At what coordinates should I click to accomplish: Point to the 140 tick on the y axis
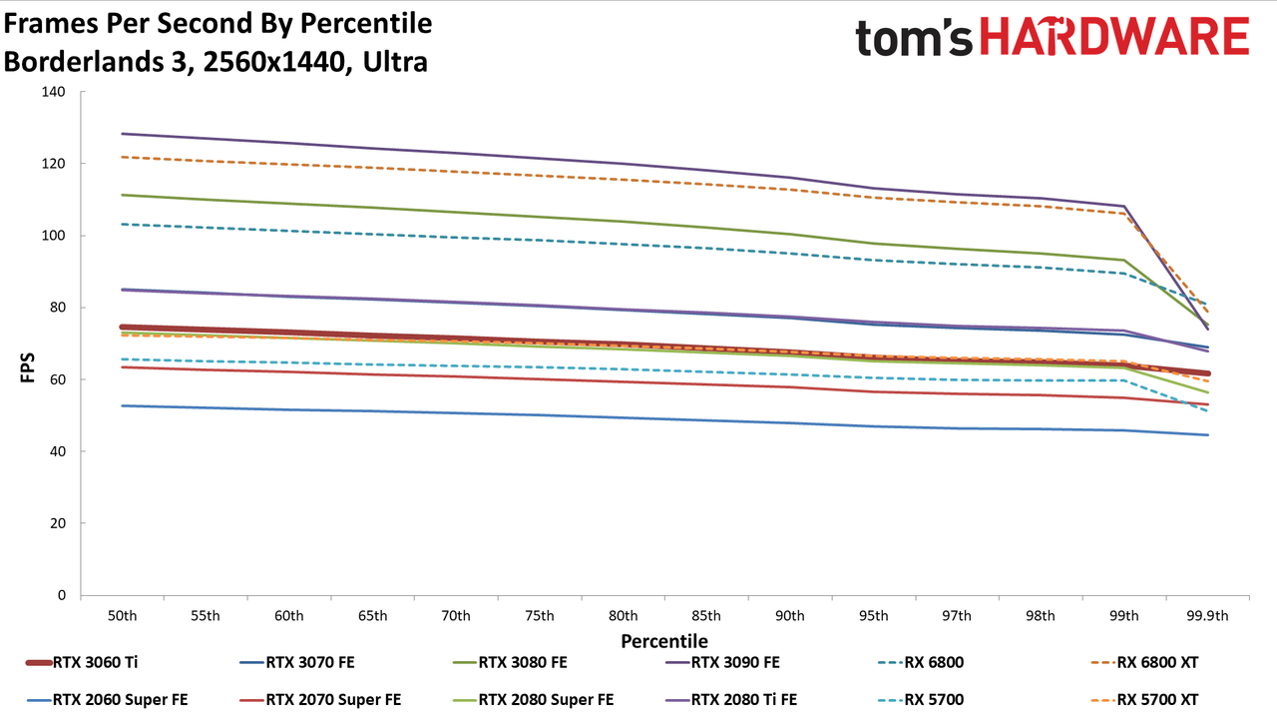click(54, 92)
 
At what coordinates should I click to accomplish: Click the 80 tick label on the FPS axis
click(58, 307)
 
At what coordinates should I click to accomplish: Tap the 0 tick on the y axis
click(62, 595)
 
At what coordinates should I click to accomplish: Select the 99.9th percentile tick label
click(1207, 616)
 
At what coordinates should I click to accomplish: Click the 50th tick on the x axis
click(122, 616)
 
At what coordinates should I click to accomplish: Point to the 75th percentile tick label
click(540, 616)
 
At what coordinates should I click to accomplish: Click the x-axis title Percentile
click(664, 641)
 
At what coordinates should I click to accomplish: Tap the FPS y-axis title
click(27, 367)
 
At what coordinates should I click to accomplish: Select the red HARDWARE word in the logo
click(1114, 37)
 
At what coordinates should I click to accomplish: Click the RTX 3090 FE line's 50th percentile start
click(122, 134)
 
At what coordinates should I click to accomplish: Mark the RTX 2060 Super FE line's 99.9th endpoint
click(1207, 434)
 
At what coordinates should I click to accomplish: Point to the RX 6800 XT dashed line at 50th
click(122, 157)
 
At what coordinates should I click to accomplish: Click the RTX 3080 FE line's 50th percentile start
click(122, 195)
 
